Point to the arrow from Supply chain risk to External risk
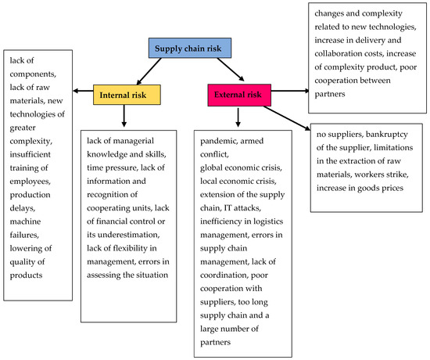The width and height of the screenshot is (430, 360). [x=228, y=71]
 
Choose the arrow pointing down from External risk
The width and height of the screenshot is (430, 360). [x=238, y=119]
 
